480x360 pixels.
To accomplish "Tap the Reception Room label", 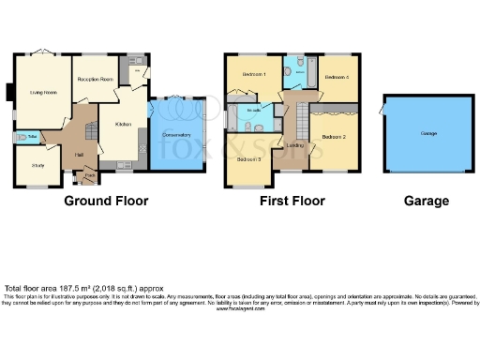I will click(95, 79).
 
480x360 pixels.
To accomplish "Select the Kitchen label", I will click(123, 125).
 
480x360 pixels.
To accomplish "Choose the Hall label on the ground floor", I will click(80, 155).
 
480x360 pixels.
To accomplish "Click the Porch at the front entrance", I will click(90, 174).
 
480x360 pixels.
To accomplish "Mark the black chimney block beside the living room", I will click(8, 92).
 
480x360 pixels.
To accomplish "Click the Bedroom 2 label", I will click(334, 137).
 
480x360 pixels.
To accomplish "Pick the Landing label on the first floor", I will click(295, 145).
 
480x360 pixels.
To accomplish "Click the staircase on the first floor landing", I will click(302, 120).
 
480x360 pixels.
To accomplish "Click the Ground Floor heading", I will click(106, 201).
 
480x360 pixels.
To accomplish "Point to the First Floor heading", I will click(292, 201).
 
